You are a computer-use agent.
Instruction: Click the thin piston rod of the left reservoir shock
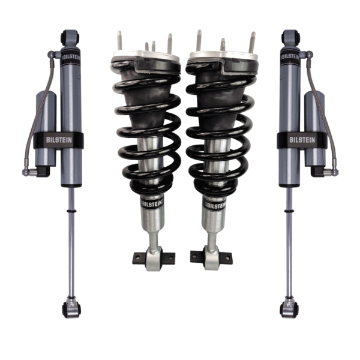(x=68, y=240)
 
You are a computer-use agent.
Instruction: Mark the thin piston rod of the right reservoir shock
(x=290, y=240)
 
